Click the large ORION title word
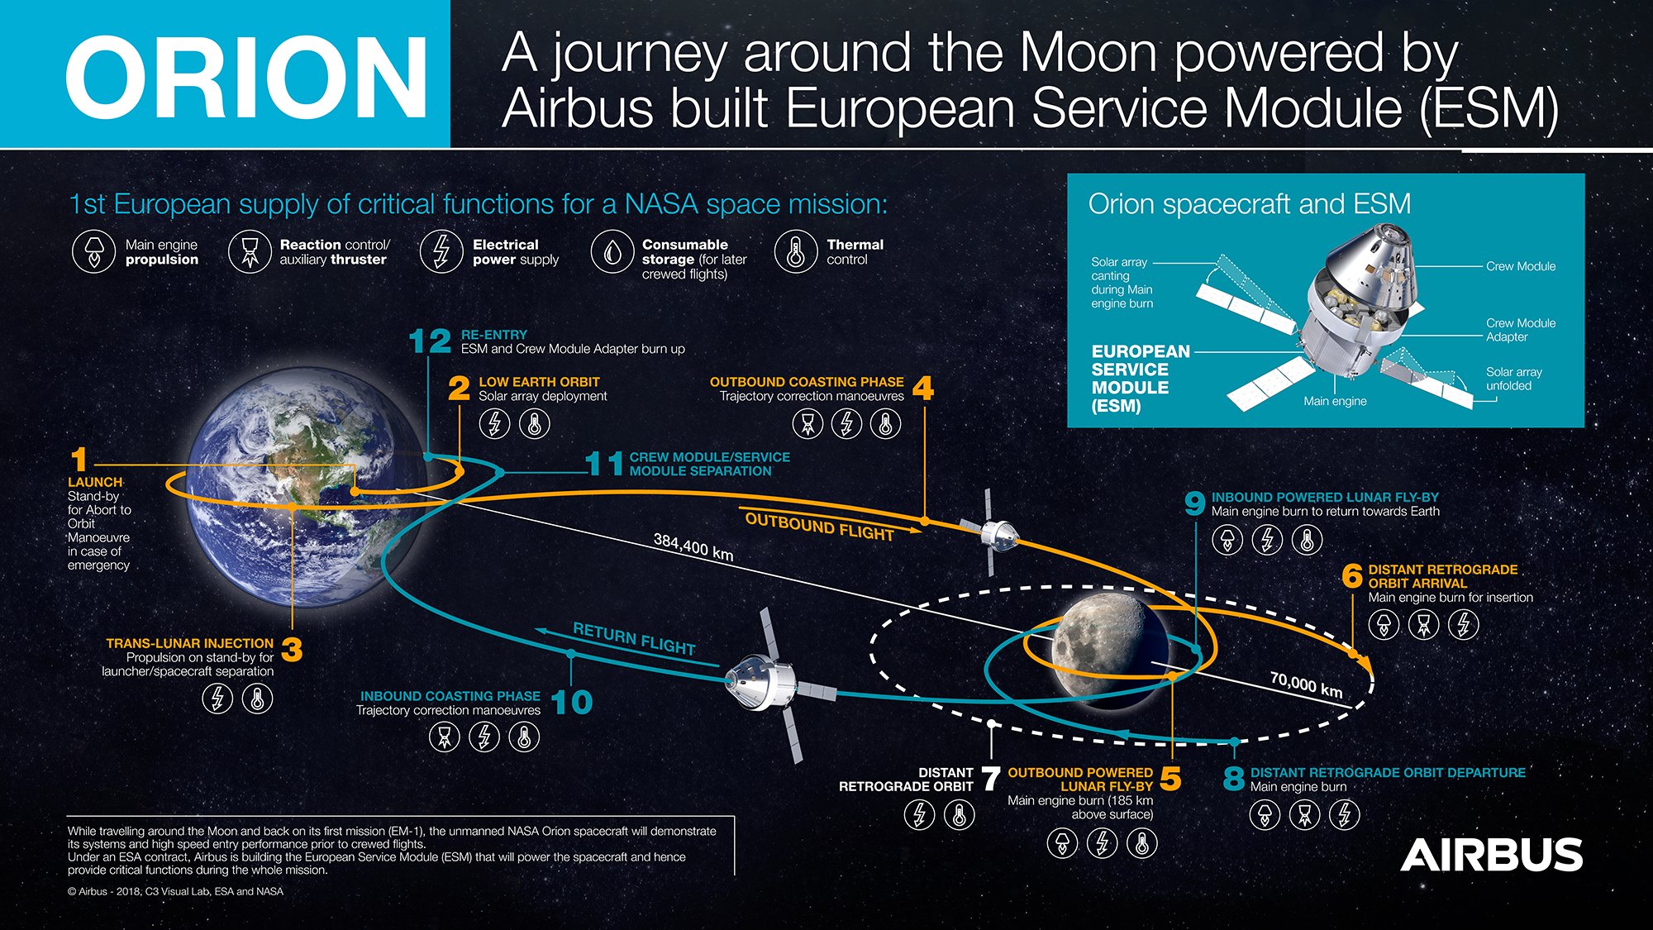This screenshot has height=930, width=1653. click(x=246, y=78)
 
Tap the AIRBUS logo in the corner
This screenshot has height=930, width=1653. click(x=1491, y=855)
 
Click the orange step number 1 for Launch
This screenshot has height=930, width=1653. click(x=79, y=460)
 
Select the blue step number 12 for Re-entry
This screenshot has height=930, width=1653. click(x=430, y=341)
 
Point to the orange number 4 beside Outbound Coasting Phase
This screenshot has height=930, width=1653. click(x=923, y=388)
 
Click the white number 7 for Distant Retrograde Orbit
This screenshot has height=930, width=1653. click(x=990, y=779)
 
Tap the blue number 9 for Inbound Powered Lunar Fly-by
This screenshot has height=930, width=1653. click(x=1194, y=503)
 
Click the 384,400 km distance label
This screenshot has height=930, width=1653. click(x=693, y=546)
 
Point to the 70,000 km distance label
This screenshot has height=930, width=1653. click(x=1306, y=685)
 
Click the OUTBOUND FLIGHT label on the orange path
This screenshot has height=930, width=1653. click(x=819, y=527)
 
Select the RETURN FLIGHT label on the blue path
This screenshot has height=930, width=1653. click(x=634, y=639)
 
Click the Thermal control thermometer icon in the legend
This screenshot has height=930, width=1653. click(x=795, y=251)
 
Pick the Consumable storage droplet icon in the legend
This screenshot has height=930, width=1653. click(x=612, y=251)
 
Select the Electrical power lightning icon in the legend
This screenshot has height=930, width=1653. click(x=441, y=251)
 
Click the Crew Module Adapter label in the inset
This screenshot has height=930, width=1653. click(x=1520, y=330)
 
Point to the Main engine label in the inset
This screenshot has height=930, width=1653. click(x=1335, y=401)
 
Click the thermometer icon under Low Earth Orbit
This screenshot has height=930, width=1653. click(x=534, y=424)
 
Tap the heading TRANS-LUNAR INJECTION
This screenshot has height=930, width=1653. click(x=189, y=643)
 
